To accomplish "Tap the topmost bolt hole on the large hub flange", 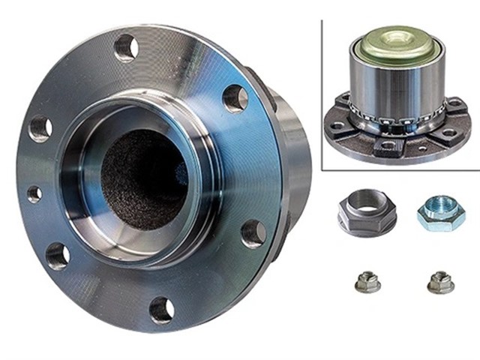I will click(x=126, y=47).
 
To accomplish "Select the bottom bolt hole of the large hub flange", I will click(x=161, y=307).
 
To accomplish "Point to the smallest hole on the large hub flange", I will click(x=34, y=194).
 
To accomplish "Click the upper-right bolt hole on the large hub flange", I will click(x=235, y=98).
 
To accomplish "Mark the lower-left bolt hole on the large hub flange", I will click(x=58, y=256).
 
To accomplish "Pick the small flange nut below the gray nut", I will click(x=366, y=282).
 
